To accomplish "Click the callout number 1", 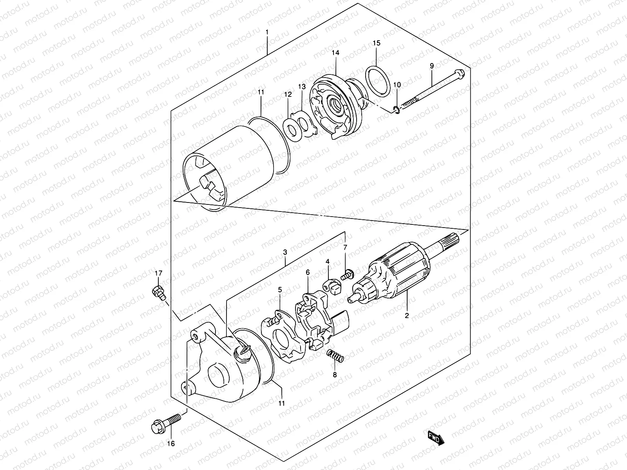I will pyautogui.click(x=267, y=32).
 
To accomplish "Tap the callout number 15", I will pyautogui.click(x=376, y=43).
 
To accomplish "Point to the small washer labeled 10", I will pyautogui.click(x=396, y=110).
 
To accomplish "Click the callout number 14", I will pyautogui.click(x=336, y=52).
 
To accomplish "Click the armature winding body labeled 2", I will pyautogui.click(x=392, y=278).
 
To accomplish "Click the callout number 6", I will pyautogui.click(x=308, y=272).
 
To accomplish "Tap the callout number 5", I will pyautogui.click(x=280, y=289).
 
